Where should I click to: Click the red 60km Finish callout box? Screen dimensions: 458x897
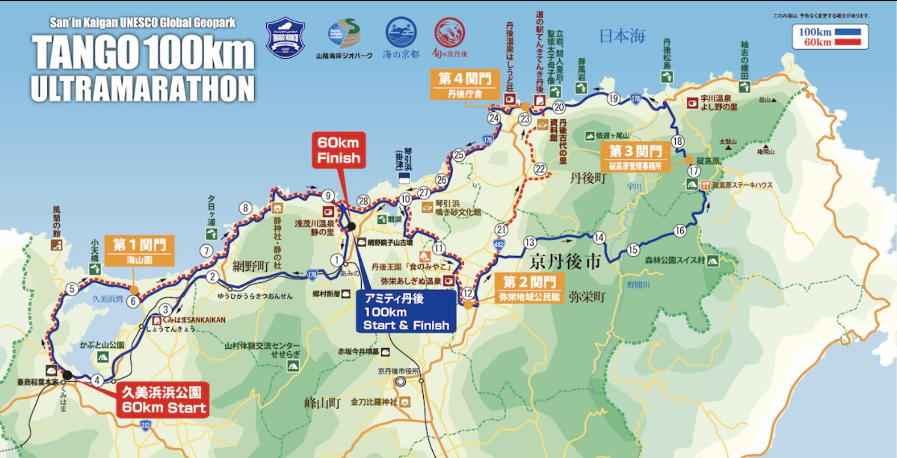pos(339,150)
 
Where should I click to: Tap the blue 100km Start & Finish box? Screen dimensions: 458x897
pos(406,312)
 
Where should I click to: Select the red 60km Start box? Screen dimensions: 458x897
pos(163,400)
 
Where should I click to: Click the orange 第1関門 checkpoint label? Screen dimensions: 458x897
pos(139,251)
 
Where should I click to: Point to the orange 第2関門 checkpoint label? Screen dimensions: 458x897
pos(529,288)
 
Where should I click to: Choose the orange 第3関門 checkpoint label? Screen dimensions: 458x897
pos(635,157)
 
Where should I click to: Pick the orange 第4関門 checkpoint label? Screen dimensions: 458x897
pos(465,84)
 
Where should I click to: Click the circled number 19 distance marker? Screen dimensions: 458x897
pos(613,99)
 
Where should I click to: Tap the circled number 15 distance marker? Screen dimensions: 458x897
pos(633,250)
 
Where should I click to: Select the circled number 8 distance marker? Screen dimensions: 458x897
pos(245,208)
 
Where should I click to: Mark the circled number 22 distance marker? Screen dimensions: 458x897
pos(540,169)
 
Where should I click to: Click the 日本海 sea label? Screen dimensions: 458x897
pos(622,36)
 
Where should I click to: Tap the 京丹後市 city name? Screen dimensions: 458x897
pos(565,262)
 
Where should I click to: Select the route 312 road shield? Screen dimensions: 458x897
pos(146,425)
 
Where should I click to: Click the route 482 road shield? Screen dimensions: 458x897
pos(499,245)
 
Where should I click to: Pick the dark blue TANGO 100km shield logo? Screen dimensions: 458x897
pos(285,38)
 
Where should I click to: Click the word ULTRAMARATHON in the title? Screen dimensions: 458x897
pos(143,89)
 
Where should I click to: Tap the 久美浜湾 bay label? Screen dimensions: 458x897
pos(107,299)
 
